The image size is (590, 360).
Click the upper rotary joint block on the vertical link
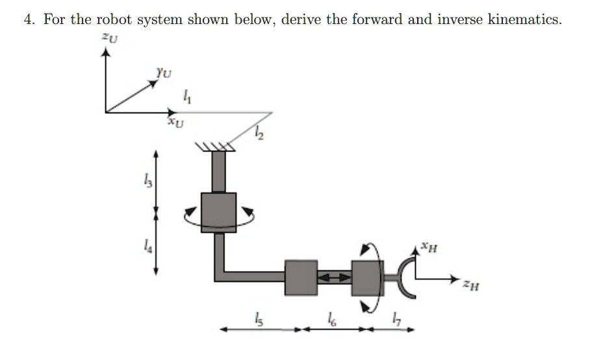click(x=218, y=212)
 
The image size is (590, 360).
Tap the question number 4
click(x=28, y=19)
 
